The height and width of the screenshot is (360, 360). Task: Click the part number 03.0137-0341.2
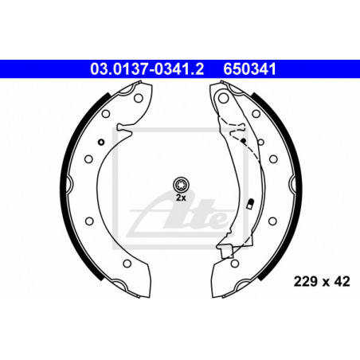tap(147, 69)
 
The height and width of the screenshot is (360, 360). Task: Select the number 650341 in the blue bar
tap(249, 69)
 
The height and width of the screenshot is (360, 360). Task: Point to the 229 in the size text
tap(305, 281)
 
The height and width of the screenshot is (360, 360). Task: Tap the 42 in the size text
tap(342, 281)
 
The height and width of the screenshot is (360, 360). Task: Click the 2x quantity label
tap(181, 198)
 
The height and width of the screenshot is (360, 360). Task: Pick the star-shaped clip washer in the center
tap(181, 184)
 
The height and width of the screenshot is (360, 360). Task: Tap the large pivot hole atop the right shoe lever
tap(223, 98)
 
